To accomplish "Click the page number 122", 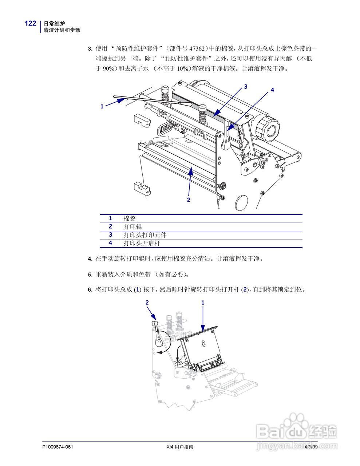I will pyautogui.click(x=30, y=24).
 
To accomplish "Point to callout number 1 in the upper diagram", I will pyautogui.click(x=102, y=106).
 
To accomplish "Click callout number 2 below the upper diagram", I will pyautogui.click(x=189, y=200).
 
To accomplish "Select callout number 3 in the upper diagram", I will pyautogui.click(x=246, y=87).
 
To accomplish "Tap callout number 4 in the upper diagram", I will pyautogui.click(x=272, y=90).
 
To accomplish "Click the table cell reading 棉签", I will pyautogui.click(x=130, y=218).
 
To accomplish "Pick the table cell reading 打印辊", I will pyautogui.click(x=133, y=227).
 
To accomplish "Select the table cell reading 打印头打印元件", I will pyautogui.click(x=145, y=235).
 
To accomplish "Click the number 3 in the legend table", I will pyautogui.click(x=110, y=235).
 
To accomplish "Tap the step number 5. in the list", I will pyautogui.click(x=90, y=275).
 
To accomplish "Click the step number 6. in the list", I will pyautogui.click(x=90, y=290).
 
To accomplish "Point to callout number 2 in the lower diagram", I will pyautogui.click(x=147, y=302).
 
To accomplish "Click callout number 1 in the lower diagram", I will pyautogui.click(x=203, y=302).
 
